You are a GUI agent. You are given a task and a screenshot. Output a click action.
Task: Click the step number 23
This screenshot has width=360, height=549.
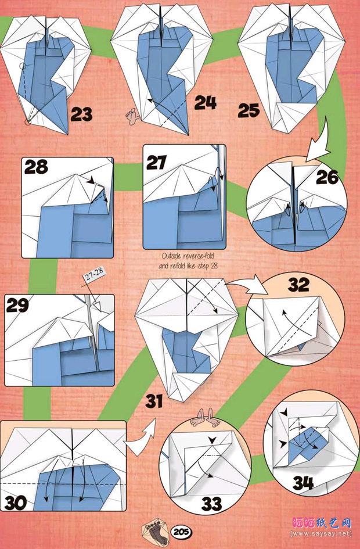(x=82, y=114)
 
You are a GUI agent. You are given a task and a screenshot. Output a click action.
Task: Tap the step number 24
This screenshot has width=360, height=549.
(x=206, y=103)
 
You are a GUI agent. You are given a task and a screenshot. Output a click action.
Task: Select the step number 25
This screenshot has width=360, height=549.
(x=249, y=110)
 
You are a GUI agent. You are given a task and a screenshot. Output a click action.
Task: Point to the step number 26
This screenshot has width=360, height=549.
(x=327, y=177)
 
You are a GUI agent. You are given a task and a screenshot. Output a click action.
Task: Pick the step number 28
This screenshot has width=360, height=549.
(x=37, y=167)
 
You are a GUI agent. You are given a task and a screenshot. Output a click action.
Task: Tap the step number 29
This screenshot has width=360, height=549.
(x=17, y=305)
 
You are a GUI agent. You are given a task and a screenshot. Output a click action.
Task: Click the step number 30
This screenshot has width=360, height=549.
(x=16, y=503)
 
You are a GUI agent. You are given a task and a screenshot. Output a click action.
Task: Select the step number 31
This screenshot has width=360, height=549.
(x=154, y=401)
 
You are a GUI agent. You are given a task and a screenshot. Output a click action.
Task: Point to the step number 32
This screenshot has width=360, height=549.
(x=298, y=285)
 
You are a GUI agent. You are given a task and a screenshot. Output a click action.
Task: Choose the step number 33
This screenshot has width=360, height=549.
(x=212, y=504)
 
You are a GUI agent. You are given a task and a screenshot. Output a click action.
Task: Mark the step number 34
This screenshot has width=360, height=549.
(x=303, y=483)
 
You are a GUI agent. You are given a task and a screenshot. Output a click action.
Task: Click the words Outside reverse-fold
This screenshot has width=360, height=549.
(x=188, y=256)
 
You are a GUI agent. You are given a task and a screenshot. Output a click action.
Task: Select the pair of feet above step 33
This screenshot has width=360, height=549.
(x=205, y=417)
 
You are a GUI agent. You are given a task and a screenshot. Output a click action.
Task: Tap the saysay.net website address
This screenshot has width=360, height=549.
(x=321, y=533)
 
